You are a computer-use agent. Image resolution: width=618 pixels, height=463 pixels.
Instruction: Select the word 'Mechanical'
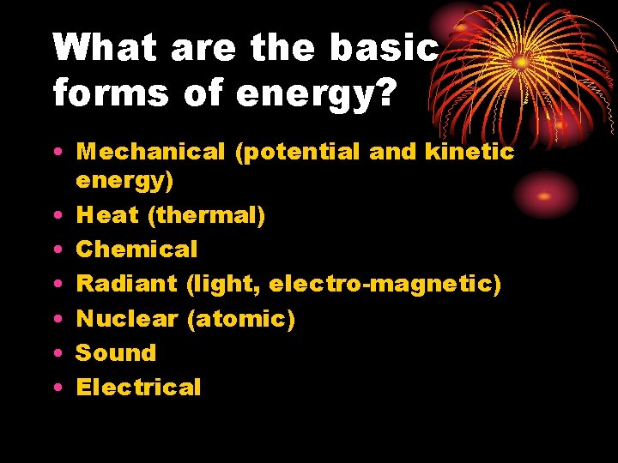pos(149,153)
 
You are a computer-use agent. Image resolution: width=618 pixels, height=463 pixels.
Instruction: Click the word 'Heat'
pos(107,215)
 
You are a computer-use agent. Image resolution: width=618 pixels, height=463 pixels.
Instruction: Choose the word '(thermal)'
pos(206,215)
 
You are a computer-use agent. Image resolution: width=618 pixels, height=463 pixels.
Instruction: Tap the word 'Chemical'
pos(136,250)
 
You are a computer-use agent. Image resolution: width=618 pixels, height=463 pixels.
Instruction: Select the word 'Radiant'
pos(126,284)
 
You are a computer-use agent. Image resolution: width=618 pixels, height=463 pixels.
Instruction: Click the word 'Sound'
pos(116,352)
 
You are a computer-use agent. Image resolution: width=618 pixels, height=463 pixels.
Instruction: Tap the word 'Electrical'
pos(138,387)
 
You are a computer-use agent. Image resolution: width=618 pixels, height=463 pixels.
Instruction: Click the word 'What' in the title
pos(105,48)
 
